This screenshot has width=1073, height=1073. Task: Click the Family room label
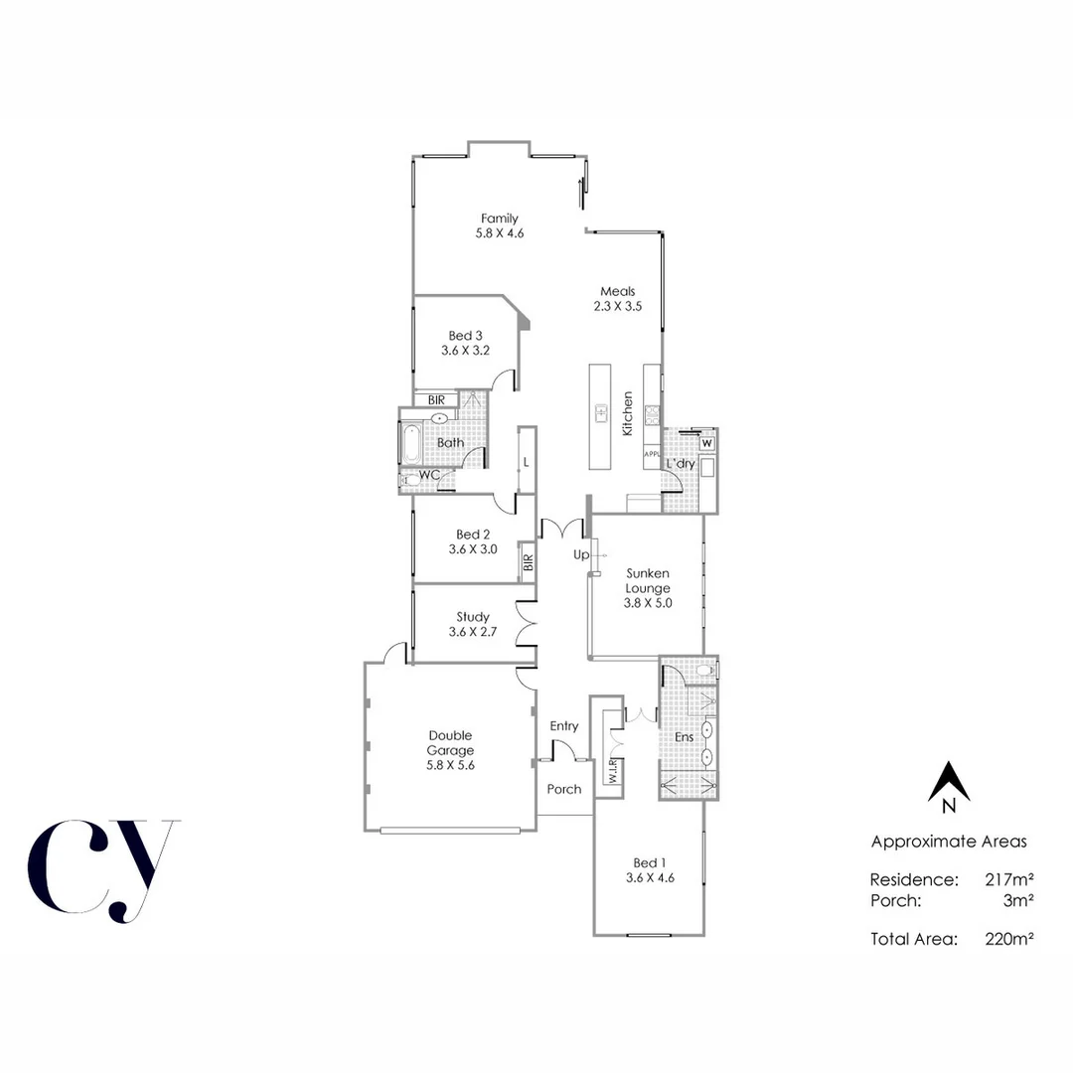point(499,219)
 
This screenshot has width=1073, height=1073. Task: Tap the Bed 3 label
point(465,335)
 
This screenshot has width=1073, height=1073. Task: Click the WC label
point(429,476)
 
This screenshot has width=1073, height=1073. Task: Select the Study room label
point(473,617)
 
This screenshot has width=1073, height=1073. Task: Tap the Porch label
point(564,790)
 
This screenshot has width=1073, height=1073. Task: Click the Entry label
point(564,726)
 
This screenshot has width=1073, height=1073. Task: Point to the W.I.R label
point(614,770)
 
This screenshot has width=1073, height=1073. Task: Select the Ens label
point(684,738)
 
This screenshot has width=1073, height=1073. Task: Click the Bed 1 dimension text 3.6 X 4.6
point(651,877)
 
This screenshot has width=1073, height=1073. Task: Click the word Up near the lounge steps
point(580,553)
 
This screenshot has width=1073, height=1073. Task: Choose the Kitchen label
point(628,414)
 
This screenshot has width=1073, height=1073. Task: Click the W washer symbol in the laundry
point(707,443)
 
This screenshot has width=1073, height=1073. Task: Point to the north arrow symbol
point(948,782)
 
